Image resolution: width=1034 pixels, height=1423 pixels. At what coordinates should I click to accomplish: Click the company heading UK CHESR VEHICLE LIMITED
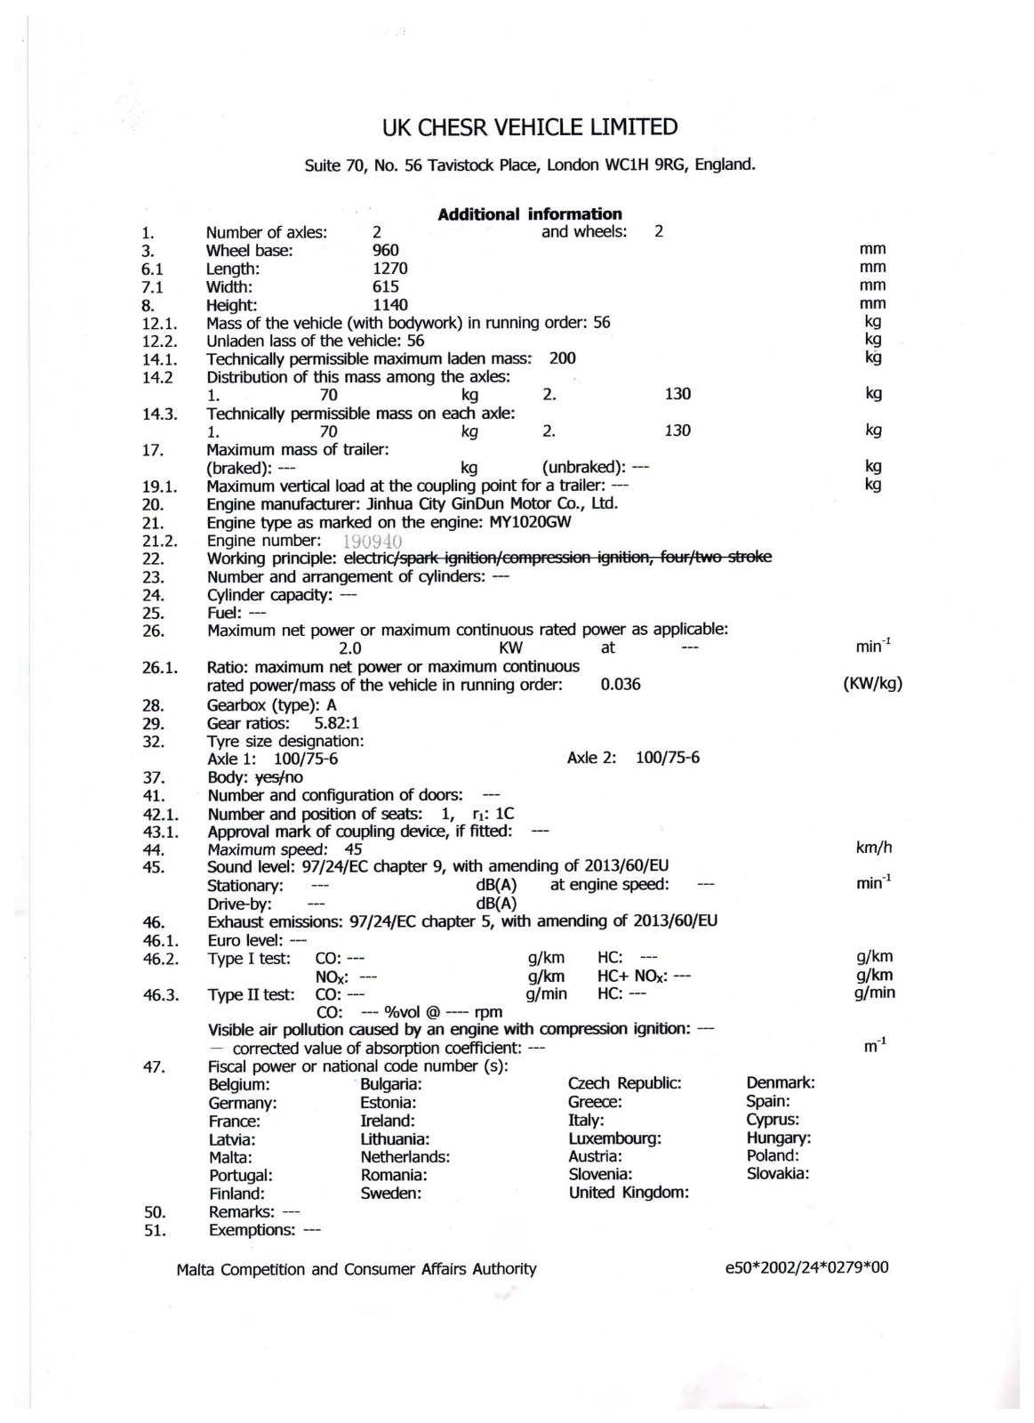coord(529,127)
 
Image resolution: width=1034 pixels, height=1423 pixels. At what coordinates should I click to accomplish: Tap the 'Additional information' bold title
coord(530,213)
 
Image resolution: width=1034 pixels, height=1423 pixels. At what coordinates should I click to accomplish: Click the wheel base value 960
coord(385,250)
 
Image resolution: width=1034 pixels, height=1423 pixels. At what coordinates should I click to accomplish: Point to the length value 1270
coord(389,268)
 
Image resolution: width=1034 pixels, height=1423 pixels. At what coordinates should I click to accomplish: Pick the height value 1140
coord(389,305)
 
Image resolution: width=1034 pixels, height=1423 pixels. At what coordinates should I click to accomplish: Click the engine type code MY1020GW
coord(530,522)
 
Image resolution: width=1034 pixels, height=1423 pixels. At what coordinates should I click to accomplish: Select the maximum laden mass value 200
coord(562,358)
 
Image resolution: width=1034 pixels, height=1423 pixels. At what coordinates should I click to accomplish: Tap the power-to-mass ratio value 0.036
coord(621,685)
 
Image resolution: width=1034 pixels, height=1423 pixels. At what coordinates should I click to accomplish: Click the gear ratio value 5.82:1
coord(337,723)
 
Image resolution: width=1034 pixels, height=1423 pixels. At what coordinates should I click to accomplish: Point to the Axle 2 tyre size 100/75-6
coord(668,758)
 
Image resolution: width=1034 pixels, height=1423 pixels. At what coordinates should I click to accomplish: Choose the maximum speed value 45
coord(353,849)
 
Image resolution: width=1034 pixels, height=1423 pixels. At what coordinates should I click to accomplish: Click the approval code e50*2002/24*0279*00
coord(806,1268)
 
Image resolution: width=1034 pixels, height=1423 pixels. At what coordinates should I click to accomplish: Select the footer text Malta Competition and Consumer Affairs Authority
coord(357,1269)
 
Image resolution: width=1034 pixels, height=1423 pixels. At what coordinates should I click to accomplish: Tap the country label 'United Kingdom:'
coord(629,1193)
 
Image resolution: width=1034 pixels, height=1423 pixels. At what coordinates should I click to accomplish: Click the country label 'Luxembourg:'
coord(614,1138)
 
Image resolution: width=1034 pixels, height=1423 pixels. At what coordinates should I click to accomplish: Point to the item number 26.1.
coord(160,667)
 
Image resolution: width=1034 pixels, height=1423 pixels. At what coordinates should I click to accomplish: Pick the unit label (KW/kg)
coord(871,685)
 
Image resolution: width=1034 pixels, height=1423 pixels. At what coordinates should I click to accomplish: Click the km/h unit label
coord(873,848)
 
